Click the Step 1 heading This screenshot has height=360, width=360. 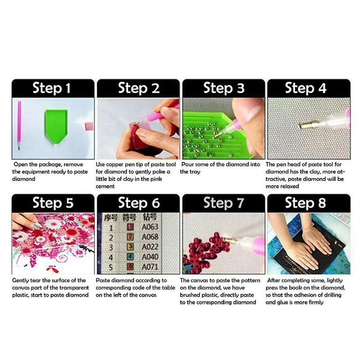click(x=51, y=88)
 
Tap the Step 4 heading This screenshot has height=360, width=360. click(x=306, y=88)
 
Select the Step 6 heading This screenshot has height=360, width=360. click(x=139, y=203)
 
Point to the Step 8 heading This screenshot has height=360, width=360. click(x=306, y=203)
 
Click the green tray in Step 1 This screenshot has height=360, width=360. click(x=56, y=126)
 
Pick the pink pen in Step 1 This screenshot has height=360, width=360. click(x=19, y=125)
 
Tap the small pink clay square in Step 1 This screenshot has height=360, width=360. click(x=89, y=126)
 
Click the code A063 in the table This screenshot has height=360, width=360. click(x=150, y=227)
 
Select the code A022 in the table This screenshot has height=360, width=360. click(x=150, y=247)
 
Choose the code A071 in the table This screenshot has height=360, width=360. click(x=150, y=267)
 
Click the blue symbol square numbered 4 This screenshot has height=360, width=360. click(x=130, y=257)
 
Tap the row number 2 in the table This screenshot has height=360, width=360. click(x=111, y=238)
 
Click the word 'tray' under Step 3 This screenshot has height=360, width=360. click(x=190, y=172)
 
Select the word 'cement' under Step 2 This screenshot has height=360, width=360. click(x=105, y=186)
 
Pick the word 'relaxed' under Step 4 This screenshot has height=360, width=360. click(x=282, y=186)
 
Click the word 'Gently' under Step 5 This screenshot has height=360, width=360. click(x=20, y=280)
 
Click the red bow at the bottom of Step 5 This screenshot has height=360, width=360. click(x=50, y=268)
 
